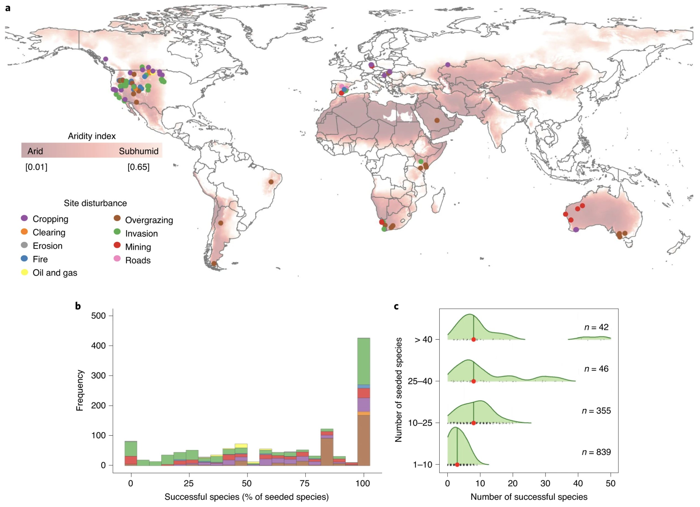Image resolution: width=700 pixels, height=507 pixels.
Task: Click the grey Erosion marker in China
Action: (549, 92)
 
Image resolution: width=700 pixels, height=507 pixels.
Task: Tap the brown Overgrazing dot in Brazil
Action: (271, 182)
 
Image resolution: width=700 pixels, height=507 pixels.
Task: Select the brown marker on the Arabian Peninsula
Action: (437, 120)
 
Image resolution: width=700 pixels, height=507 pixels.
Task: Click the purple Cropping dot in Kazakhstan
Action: (448, 64)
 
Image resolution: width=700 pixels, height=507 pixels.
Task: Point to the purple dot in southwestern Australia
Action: (576, 229)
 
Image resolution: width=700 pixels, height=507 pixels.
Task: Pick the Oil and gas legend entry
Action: (55, 273)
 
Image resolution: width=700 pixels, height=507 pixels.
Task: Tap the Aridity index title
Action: (92, 136)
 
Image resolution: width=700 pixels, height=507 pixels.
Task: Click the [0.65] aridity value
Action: (138, 167)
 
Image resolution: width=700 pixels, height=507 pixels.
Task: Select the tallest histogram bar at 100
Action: (364, 402)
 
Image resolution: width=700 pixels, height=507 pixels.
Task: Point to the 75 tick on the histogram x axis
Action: (305, 483)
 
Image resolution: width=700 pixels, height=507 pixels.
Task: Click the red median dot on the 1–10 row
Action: (457, 464)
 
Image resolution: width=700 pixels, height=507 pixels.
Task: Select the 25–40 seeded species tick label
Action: (420, 381)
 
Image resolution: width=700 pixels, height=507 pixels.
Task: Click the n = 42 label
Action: (596, 327)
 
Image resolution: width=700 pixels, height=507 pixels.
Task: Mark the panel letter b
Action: (78, 306)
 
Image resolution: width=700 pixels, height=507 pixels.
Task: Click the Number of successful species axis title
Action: (529, 497)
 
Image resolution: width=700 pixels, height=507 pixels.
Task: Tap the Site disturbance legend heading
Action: (95, 203)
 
